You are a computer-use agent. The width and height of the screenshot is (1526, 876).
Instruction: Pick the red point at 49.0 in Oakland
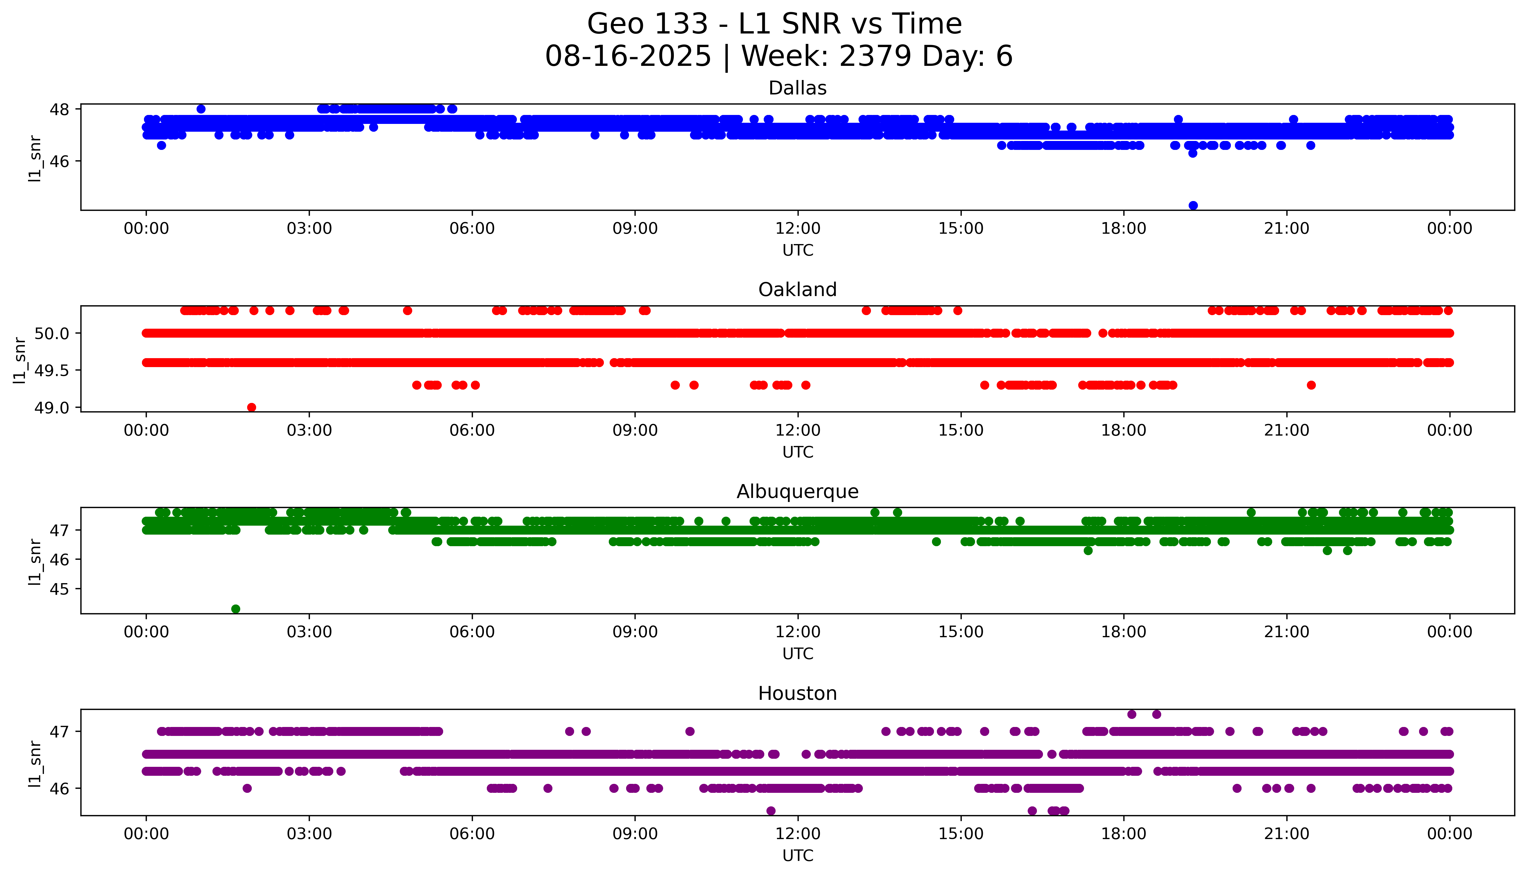pos(251,407)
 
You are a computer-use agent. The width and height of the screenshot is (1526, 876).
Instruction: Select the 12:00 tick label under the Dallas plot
pos(798,229)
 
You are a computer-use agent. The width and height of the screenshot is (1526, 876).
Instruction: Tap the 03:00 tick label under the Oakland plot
pos(309,430)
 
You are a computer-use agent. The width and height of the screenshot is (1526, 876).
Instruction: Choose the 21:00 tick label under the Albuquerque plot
pos(1286,632)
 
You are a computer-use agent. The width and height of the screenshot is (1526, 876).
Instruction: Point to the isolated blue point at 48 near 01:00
pos(201,109)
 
